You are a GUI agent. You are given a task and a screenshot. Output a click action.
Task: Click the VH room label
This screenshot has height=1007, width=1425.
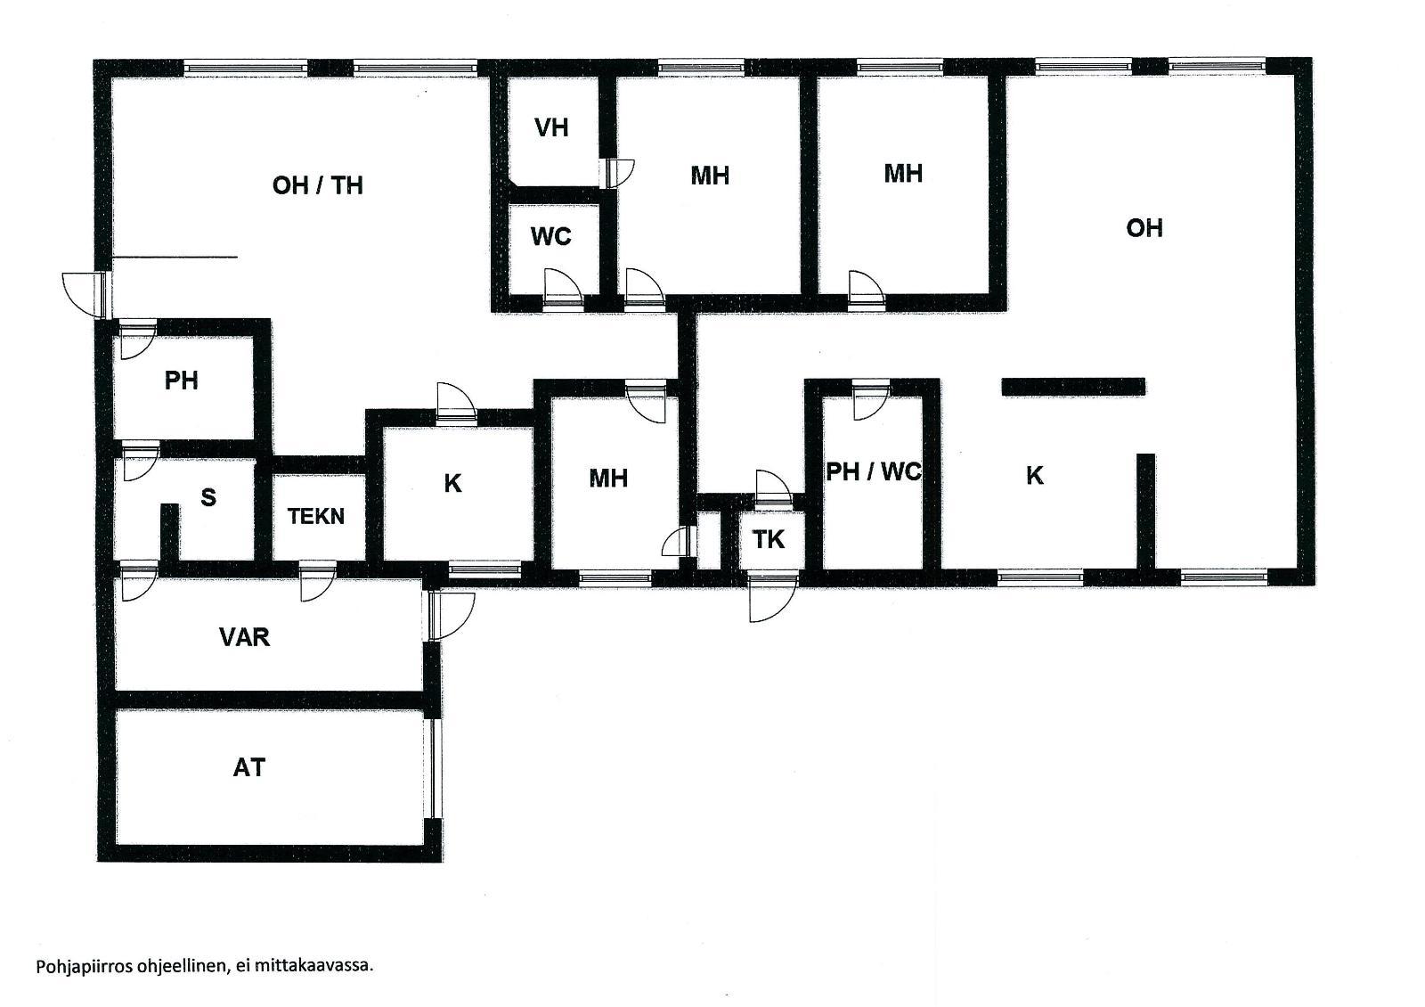pos(551,128)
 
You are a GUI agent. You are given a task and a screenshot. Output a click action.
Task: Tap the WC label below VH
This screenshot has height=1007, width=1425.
pos(551,237)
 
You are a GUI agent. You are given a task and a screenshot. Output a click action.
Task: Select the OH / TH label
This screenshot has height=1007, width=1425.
pos(317,186)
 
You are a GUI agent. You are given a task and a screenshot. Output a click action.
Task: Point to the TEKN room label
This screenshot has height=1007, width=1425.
pos(316,516)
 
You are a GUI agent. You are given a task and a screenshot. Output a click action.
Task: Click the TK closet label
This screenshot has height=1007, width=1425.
pos(769,540)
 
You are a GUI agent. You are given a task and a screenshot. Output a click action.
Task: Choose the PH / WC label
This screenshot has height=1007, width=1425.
pos(874,471)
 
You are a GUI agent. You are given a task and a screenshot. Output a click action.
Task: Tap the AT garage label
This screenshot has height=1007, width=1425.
pos(248,768)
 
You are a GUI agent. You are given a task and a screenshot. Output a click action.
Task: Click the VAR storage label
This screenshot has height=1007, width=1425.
pos(244,637)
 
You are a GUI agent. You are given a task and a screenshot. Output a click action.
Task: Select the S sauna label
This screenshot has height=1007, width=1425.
pos(208,497)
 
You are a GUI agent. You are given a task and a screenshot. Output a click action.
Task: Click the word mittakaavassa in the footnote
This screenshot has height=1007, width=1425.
pos(313,966)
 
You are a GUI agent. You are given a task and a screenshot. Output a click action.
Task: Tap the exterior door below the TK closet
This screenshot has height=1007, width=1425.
pos(772,597)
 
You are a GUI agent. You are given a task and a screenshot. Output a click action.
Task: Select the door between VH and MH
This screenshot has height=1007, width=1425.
pos(616,173)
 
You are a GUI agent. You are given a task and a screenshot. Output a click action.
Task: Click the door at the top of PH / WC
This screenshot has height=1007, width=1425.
pos(871,400)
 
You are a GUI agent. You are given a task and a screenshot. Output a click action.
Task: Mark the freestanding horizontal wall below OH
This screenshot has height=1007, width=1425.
pos(1073,387)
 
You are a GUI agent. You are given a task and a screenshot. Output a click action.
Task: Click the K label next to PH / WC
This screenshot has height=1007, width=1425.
pos(1034,476)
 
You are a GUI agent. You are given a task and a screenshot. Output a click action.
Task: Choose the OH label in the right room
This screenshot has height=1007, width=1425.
pos(1144,228)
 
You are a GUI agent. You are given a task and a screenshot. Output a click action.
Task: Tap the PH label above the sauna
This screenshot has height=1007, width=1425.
pos(182,381)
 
